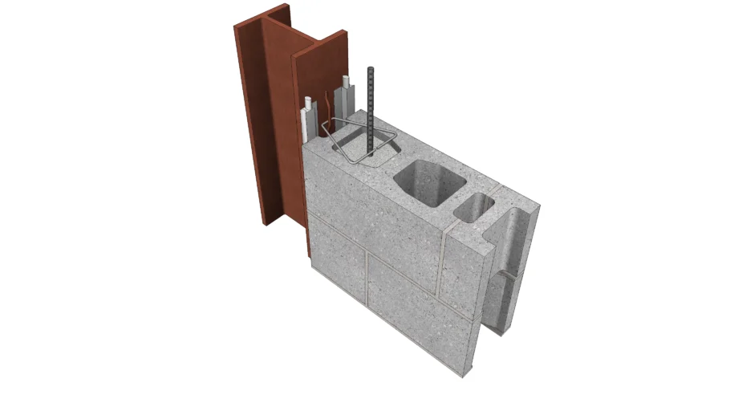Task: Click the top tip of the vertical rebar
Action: [x=371, y=70]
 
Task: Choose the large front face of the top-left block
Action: [x=373, y=201]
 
